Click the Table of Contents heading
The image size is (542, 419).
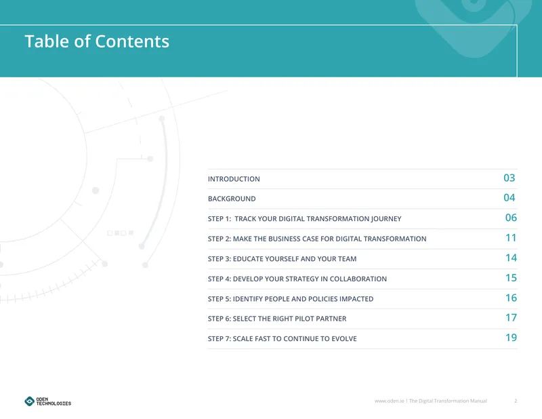click(x=97, y=41)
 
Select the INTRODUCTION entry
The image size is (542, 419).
click(x=234, y=179)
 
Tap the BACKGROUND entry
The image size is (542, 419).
click(x=232, y=199)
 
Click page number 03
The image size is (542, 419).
click(x=509, y=178)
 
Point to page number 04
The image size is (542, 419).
click(x=509, y=197)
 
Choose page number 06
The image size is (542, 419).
click(x=511, y=218)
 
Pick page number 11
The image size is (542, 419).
click(x=511, y=238)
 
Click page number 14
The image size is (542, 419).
click(x=511, y=258)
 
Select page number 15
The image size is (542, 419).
click(x=511, y=278)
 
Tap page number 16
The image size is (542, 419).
click(x=511, y=298)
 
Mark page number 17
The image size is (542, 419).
click(x=511, y=317)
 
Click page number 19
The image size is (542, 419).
click(x=511, y=338)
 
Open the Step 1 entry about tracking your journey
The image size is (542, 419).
click(x=304, y=219)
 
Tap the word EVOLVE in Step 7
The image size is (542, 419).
click(x=344, y=339)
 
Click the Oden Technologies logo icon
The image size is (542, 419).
click(x=29, y=401)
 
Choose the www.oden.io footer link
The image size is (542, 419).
click(x=389, y=401)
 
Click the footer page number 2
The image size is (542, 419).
click(x=516, y=401)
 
